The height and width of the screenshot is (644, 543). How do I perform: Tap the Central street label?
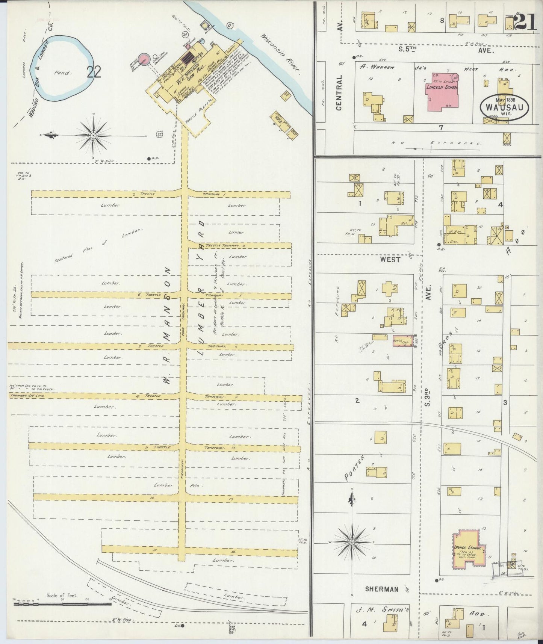(x=339, y=92)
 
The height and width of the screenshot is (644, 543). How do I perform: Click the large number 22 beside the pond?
(x=94, y=72)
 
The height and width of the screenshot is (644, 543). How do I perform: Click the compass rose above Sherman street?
(x=351, y=543)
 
